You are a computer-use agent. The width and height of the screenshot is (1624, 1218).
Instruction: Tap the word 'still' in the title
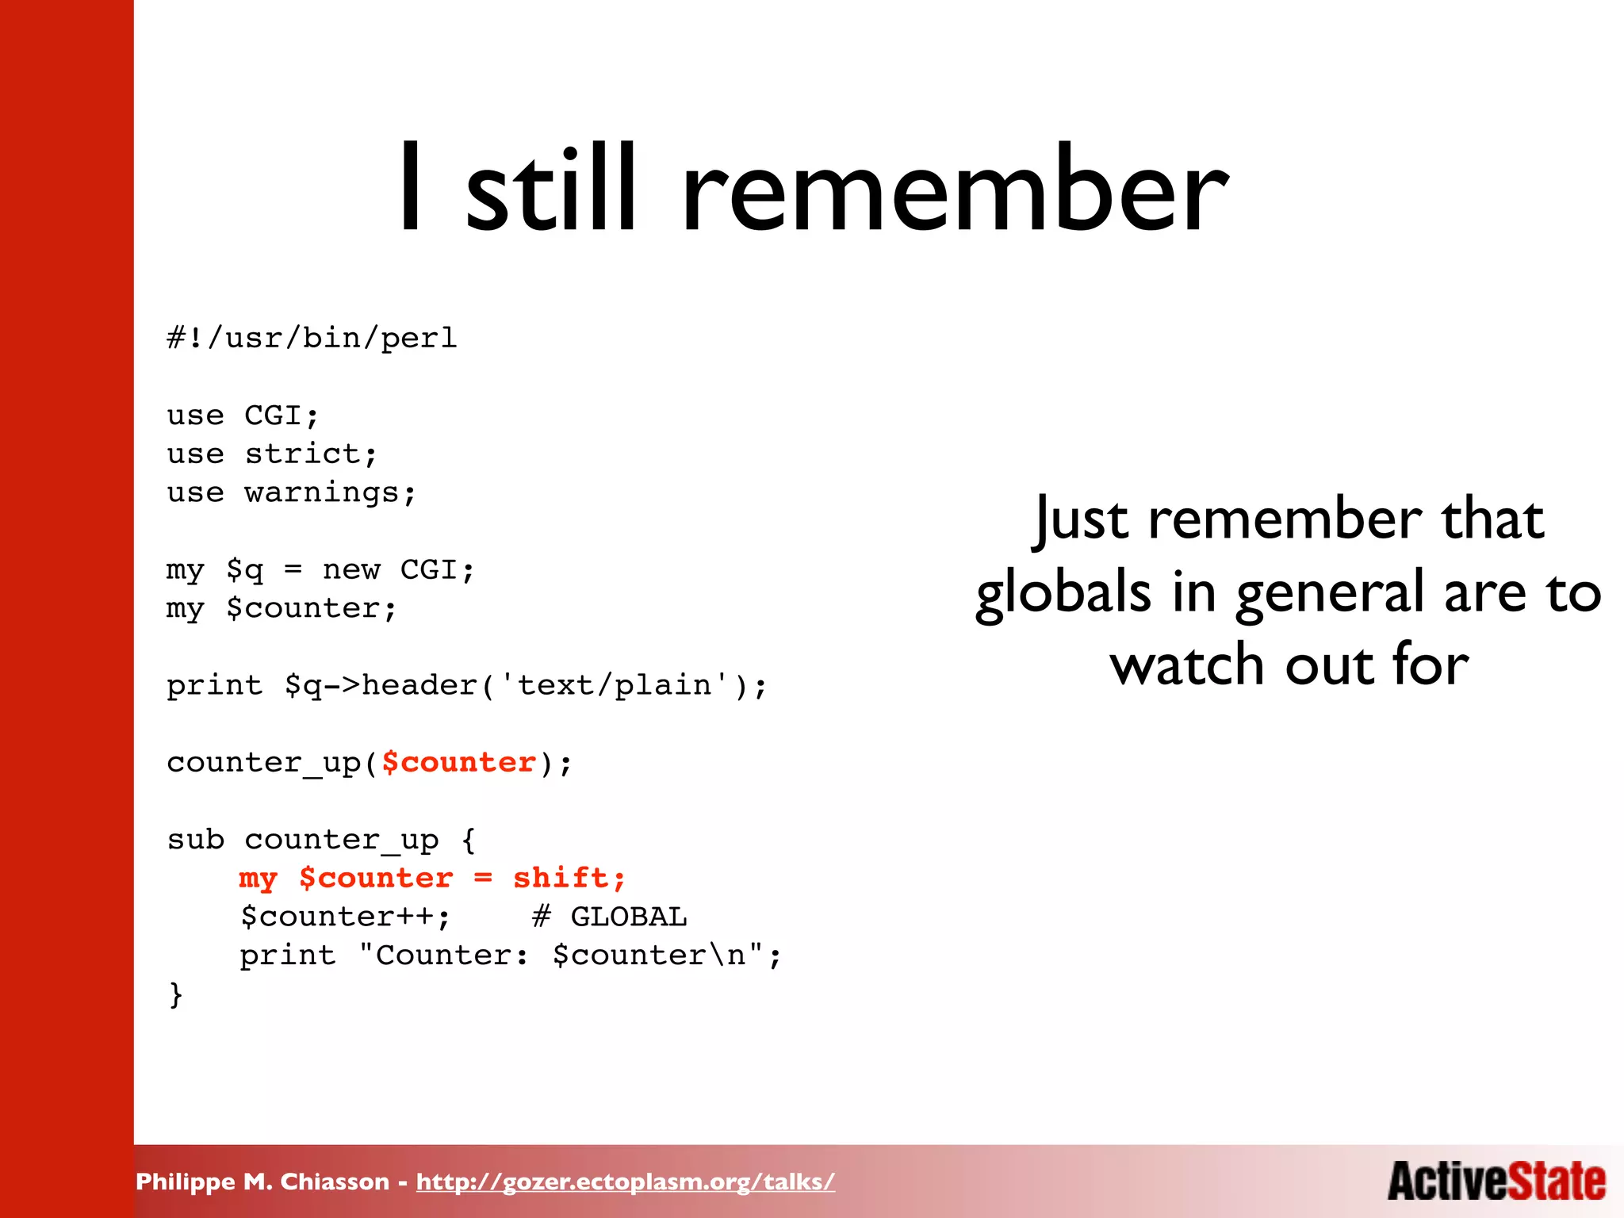[x=551, y=190]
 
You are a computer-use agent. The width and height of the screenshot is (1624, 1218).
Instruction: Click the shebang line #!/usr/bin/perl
[x=312, y=339]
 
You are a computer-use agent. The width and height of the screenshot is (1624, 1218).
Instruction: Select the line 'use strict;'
[x=272, y=454]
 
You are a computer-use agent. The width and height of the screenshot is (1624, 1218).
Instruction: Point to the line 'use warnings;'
[x=291, y=493]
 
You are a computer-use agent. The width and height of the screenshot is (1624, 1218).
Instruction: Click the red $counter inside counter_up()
[x=459, y=763]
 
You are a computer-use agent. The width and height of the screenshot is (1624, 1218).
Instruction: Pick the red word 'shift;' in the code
[x=569, y=879]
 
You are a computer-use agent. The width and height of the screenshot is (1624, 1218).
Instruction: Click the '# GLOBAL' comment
[x=609, y=917]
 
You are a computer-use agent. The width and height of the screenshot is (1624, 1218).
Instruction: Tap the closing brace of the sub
[x=175, y=994]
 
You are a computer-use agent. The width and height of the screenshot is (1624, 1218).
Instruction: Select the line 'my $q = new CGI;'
[x=320, y=570]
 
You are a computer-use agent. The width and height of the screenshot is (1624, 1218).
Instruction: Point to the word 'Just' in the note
[x=1082, y=519]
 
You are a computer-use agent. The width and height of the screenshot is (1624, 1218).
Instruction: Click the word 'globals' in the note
[x=1063, y=593]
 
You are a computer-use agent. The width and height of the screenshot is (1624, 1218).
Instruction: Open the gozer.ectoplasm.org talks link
[x=625, y=1182]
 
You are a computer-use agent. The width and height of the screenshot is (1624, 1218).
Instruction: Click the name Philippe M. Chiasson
[x=262, y=1182]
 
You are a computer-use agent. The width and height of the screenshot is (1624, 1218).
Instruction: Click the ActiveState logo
[x=1496, y=1182]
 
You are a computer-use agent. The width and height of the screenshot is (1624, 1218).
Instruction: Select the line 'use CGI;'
[x=243, y=416]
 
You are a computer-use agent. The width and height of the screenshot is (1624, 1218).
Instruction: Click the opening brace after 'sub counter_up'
[x=469, y=840]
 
